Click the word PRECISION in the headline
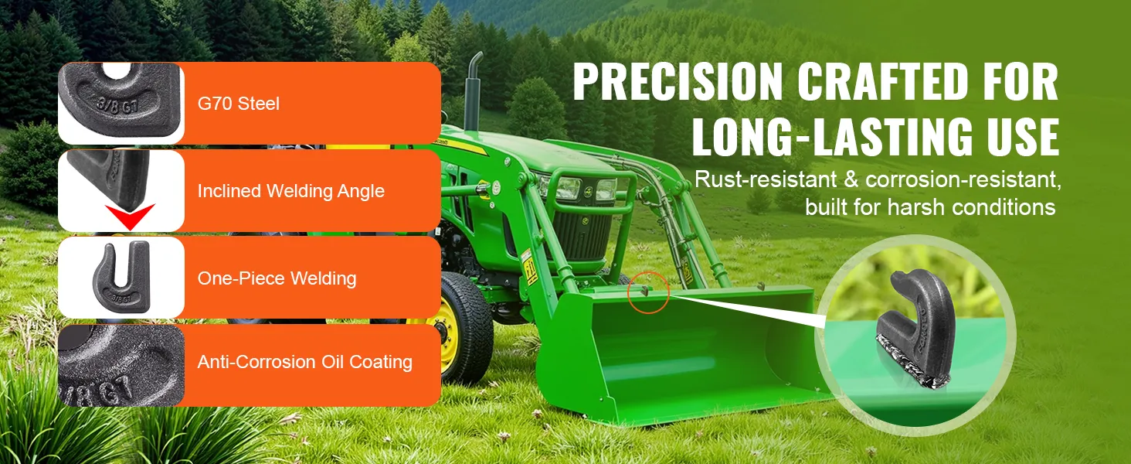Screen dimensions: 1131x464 pyautogui.click(x=678, y=81)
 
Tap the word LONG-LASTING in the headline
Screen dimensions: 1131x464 pyautogui.click(x=831, y=136)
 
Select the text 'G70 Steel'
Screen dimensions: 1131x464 pyautogui.click(x=238, y=104)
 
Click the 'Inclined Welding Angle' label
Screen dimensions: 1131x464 pyautogui.click(x=290, y=191)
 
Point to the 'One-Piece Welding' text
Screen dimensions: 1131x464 pyautogui.click(x=277, y=278)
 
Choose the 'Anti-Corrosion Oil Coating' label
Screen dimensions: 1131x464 pyautogui.click(x=305, y=362)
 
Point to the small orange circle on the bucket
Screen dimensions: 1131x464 pyautogui.click(x=649, y=292)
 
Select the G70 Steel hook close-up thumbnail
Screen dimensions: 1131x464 pyautogui.click(x=121, y=103)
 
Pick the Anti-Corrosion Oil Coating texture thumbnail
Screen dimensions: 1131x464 pyautogui.click(x=121, y=366)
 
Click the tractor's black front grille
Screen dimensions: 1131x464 pyautogui.click(x=582, y=235)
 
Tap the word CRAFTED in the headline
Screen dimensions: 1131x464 pyautogui.click(x=883, y=81)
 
